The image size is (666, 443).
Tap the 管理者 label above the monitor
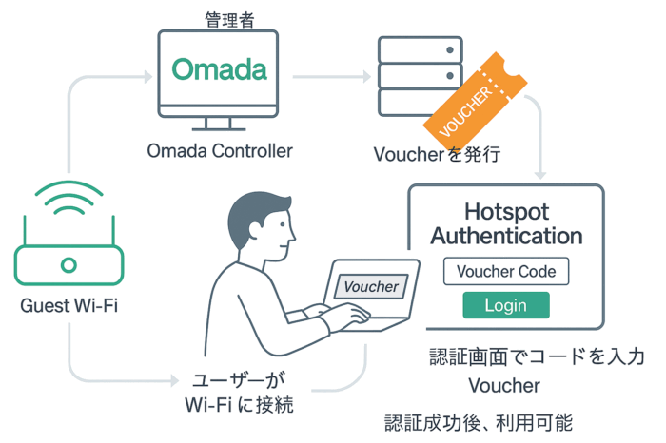click(229, 20)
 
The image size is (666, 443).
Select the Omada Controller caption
click(220, 150)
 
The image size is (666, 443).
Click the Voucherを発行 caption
click(437, 153)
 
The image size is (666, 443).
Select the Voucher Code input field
click(506, 271)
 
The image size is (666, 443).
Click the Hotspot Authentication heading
click(506, 222)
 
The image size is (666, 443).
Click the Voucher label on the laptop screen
click(371, 286)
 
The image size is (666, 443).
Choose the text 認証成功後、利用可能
click(478, 422)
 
